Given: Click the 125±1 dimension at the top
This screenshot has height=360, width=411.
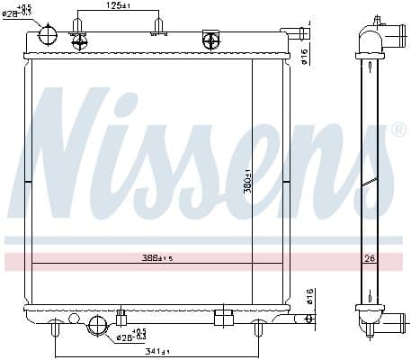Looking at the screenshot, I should click(119, 6).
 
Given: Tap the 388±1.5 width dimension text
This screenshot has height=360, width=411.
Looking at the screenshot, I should click(156, 257).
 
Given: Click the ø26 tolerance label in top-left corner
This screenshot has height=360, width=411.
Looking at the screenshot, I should click(19, 13).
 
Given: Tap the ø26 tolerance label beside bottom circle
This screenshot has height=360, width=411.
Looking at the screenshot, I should click(132, 336).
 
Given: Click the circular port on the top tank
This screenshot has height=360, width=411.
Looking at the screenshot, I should click(48, 36).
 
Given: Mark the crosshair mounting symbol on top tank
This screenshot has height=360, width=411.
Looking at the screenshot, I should click(211, 40).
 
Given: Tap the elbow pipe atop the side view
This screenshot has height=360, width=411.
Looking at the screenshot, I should click(379, 36).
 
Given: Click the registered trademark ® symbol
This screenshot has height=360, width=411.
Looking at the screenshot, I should click(400, 131).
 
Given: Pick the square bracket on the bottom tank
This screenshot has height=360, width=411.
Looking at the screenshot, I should click(223, 316).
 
